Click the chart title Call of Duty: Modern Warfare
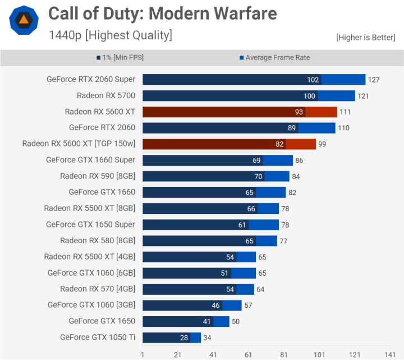162,13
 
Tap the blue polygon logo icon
24,21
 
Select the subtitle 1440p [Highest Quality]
110,35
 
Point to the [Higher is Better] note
365,38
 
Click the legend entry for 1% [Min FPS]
120,57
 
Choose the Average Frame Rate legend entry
274,57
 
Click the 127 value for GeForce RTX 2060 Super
374,80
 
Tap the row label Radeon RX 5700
105,95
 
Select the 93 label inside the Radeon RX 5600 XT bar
299,112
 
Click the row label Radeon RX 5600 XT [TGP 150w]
79,144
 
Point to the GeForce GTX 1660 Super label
90,160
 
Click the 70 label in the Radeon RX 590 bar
258,176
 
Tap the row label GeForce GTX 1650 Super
90,225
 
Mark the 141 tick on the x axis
390,354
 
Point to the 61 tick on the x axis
249,354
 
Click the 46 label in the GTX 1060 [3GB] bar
215,306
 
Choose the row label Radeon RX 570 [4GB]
98,289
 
